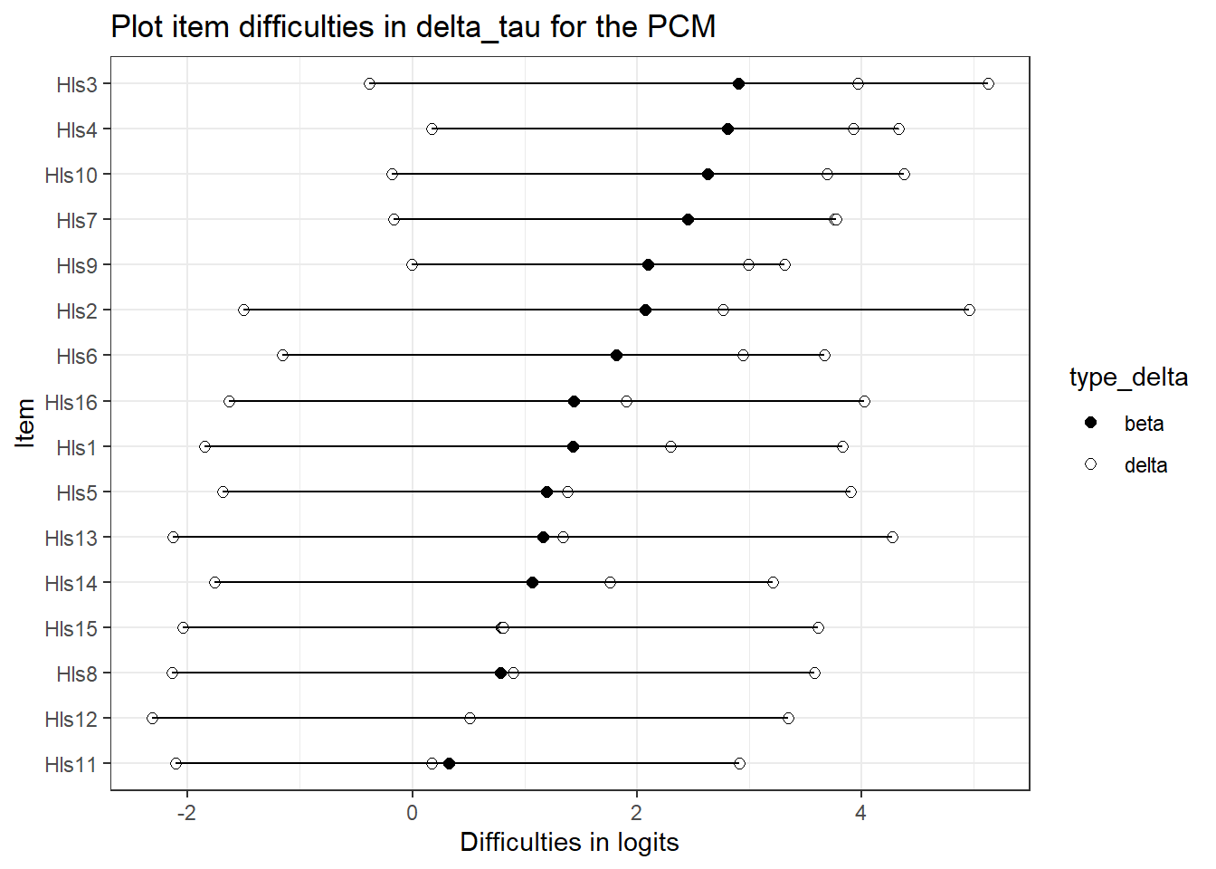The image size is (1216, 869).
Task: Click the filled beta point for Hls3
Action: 738,84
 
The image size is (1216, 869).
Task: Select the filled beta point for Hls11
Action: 449,764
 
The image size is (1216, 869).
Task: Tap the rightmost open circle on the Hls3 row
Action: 988,84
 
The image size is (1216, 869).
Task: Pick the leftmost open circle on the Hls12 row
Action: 152,719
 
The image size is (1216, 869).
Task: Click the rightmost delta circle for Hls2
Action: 969,310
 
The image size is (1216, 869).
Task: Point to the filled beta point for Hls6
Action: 616,356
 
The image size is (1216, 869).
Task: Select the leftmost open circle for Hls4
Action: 432,129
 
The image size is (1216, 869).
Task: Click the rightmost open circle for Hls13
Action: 892,538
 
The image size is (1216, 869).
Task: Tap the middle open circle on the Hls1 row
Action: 670,447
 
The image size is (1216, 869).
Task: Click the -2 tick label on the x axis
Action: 185,812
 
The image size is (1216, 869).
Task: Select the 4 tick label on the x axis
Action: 860,812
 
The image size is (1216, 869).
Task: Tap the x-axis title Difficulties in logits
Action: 569,843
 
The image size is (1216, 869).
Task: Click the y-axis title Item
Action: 25,423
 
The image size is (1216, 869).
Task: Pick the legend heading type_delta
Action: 1128,377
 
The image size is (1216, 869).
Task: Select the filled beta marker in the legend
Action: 1090,423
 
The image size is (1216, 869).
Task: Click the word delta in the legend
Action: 1145,465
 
